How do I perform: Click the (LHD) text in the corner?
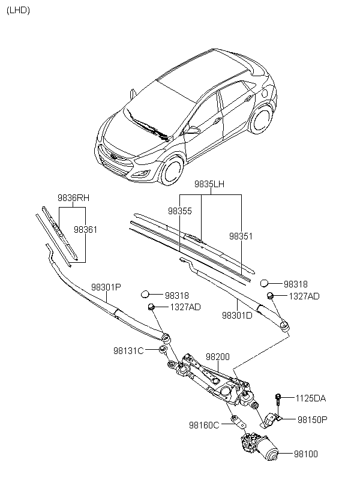18,10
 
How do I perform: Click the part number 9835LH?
209,184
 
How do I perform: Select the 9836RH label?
73,198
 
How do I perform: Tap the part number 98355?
180,211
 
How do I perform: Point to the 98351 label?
241,236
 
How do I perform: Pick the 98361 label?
85,230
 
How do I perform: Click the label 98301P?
106,287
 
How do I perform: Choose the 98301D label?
237,315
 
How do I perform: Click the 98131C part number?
128,351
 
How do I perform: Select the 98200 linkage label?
218,357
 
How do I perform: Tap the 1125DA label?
311,398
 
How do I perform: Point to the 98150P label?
312,419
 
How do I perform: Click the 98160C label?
204,425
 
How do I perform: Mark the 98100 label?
306,454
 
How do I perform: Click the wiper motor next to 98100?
260,447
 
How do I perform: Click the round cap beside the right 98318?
264,283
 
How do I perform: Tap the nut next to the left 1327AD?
151,307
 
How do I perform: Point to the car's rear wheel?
261,119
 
